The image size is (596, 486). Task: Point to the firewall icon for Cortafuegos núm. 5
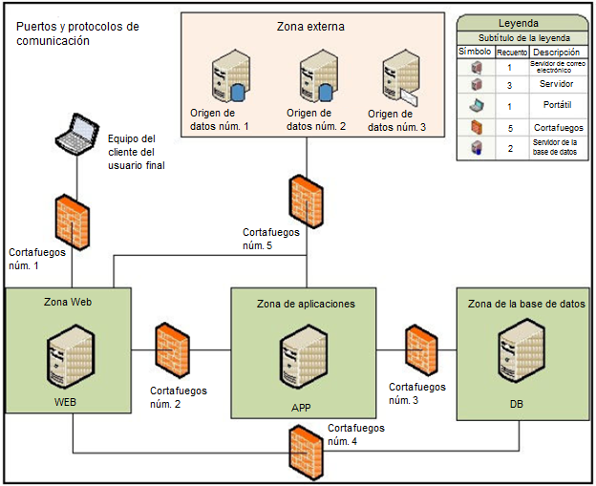(x=306, y=201)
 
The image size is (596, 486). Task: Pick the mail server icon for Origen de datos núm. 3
(x=399, y=78)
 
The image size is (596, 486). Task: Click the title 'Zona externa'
(x=311, y=28)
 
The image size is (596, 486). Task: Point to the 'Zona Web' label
(x=68, y=302)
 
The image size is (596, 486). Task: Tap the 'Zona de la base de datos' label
(x=526, y=304)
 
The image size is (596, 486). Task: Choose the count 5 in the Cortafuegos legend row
(x=510, y=127)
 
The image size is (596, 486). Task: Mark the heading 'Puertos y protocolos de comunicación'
(x=78, y=33)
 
